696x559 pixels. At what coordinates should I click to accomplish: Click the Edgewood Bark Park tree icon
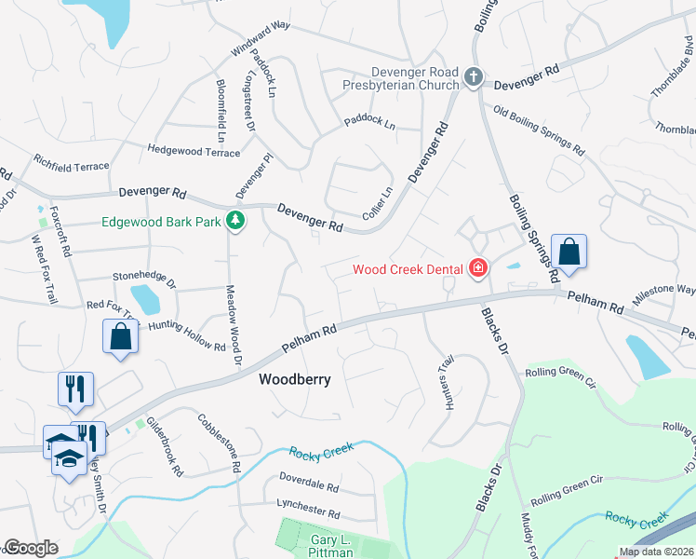(x=237, y=221)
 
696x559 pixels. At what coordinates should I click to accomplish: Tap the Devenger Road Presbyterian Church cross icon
(x=474, y=77)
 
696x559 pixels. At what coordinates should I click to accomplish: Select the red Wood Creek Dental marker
(x=478, y=269)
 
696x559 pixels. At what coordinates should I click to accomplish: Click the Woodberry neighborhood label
(x=294, y=380)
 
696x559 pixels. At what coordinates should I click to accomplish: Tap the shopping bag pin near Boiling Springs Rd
(x=569, y=252)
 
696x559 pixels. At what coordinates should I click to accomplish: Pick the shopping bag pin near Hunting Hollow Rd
(x=121, y=336)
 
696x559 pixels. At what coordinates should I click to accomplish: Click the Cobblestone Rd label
(x=220, y=440)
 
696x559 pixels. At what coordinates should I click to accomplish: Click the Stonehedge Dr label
(x=144, y=277)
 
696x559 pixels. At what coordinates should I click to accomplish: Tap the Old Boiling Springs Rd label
(x=539, y=130)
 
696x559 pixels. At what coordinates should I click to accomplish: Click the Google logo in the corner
(x=31, y=548)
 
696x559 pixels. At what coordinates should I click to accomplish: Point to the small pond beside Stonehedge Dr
(x=145, y=300)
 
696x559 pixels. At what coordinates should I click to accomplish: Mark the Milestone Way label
(x=664, y=293)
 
